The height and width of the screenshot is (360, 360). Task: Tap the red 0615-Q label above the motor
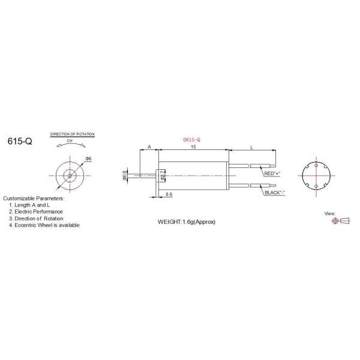(x=191, y=139)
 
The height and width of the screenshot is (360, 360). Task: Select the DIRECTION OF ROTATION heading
(x=72, y=134)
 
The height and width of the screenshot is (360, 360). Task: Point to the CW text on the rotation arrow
(x=70, y=140)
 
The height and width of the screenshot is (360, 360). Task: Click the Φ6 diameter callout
(x=88, y=158)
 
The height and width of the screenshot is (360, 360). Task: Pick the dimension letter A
(x=149, y=147)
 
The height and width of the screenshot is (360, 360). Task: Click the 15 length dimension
(x=192, y=147)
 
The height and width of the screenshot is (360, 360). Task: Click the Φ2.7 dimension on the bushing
(x=163, y=175)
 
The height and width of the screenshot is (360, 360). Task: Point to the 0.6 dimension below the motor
(x=169, y=194)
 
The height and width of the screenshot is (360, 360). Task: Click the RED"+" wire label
(x=272, y=173)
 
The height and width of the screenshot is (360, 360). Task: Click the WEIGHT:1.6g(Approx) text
(x=186, y=221)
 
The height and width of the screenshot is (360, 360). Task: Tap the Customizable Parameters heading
(x=33, y=198)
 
